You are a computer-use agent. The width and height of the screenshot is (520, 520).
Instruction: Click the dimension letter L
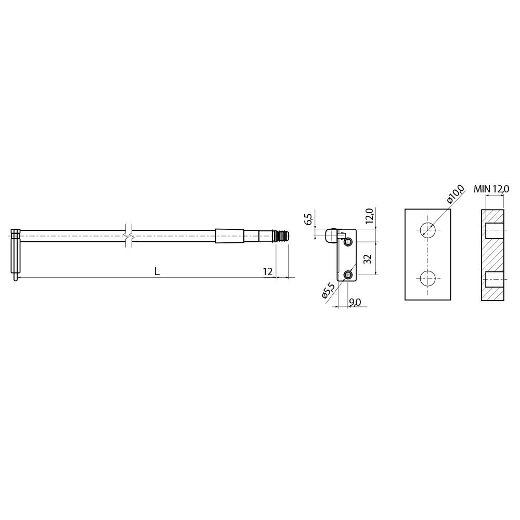(157, 271)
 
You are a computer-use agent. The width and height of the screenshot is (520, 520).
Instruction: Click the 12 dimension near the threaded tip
(268, 271)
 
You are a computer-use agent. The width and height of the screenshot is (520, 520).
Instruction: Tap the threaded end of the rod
(281, 236)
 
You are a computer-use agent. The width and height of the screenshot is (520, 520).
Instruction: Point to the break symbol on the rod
(128, 236)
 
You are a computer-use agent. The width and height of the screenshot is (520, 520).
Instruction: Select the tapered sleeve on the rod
(229, 236)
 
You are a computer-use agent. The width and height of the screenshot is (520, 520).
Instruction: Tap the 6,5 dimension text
(308, 219)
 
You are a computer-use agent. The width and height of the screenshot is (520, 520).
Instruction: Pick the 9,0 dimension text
(355, 302)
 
